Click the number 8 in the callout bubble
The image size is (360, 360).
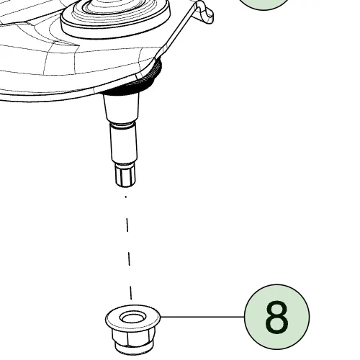click(276, 317)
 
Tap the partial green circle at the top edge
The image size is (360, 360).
click(264, 4)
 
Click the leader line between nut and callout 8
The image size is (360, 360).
click(202, 317)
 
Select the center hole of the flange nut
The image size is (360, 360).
click(132, 318)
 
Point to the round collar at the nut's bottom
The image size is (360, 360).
click(133, 350)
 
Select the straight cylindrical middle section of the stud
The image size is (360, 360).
click(124, 143)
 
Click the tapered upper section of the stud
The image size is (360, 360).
click(122, 107)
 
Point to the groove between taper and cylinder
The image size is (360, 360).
click(122, 123)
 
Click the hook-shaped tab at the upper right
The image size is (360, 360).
click(205, 12)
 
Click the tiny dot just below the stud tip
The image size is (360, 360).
click(126, 197)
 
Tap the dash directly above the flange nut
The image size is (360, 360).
click(130, 292)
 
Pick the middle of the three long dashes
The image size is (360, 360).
click(129, 258)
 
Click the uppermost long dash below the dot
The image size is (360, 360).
click(127, 225)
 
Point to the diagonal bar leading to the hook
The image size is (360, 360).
click(177, 32)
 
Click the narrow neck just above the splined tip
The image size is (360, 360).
click(125, 164)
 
